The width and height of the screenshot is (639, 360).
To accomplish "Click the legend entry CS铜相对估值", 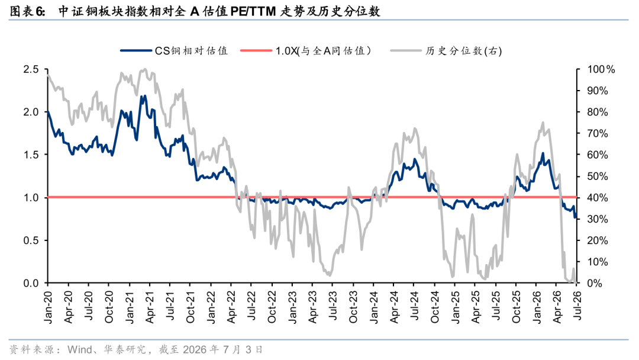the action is tap(174, 50).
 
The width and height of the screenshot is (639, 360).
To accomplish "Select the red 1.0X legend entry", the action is tap(306, 50).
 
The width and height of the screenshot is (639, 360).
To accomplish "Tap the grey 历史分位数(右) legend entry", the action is tap(446, 50).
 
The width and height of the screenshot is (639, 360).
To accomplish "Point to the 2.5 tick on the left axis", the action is tap(31, 69).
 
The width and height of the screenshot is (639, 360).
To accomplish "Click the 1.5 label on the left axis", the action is tap(31, 155).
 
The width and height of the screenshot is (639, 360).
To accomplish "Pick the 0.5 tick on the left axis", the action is tap(31, 240).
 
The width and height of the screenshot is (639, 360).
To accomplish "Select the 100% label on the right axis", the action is tap(601, 69).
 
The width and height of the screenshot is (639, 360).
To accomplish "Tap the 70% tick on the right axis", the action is tap(598, 133).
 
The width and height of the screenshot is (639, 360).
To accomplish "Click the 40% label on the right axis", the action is tap(598, 198).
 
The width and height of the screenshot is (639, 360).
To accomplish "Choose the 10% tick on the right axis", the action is tap(598, 262).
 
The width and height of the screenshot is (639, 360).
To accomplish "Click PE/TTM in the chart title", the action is tap(253, 11).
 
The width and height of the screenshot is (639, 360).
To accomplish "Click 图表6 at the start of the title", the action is tap(27, 11).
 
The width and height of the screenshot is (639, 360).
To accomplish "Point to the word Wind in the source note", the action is tap(79, 349).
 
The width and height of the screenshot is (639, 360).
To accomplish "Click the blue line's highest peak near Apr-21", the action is tap(145, 96).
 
